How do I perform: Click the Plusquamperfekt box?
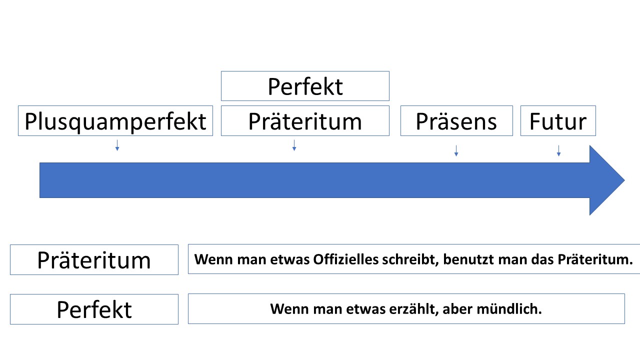(x=115, y=121)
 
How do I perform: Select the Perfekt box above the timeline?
(x=305, y=86)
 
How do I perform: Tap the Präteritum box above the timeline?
(x=305, y=121)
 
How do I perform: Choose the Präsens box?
(x=456, y=121)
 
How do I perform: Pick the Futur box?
(x=558, y=121)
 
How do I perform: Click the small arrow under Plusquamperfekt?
(x=117, y=145)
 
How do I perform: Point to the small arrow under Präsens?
(x=456, y=151)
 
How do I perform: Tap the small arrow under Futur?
(x=558, y=151)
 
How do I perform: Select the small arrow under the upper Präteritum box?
(x=294, y=145)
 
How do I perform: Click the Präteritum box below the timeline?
(x=94, y=260)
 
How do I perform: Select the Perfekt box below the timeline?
(x=94, y=309)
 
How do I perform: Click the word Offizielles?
(x=345, y=259)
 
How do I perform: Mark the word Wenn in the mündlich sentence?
(x=284, y=309)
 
